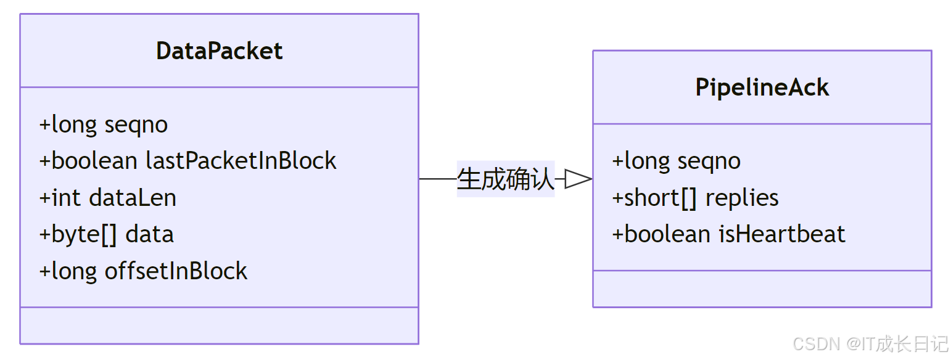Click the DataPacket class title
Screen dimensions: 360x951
[x=219, y=51]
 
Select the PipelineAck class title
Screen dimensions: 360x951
[x=762, y=87]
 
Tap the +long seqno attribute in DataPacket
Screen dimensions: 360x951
[x=103, y=125]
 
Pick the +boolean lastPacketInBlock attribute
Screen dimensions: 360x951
[x=187, y=161]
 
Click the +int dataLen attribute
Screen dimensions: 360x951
[x=107, y=198]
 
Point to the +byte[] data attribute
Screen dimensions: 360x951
[x=106, y=234]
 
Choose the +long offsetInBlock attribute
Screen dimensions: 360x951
[x=143, y=271]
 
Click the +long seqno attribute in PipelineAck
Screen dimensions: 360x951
[x=676, y=161]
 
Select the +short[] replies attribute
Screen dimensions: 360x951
[x=695, y=198]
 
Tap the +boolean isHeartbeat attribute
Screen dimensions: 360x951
[x=728, y=234]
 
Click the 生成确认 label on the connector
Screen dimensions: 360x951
[x=505, y=179]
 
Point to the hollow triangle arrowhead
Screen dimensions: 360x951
[x=578, y=179]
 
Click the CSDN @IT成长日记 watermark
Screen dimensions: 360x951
[x=870, y=343]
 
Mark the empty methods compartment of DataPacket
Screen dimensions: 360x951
[x=219, y=325]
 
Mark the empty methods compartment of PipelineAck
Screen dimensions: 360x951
[x=762, y=288]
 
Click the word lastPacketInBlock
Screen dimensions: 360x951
[x=241, y=161]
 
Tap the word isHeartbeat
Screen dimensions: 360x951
[x=781, y=234]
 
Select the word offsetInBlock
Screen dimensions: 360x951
[x=176, y=271]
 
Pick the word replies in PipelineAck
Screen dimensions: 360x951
[x=742, y=198]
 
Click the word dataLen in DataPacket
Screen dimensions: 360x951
[x=133, y=198]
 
